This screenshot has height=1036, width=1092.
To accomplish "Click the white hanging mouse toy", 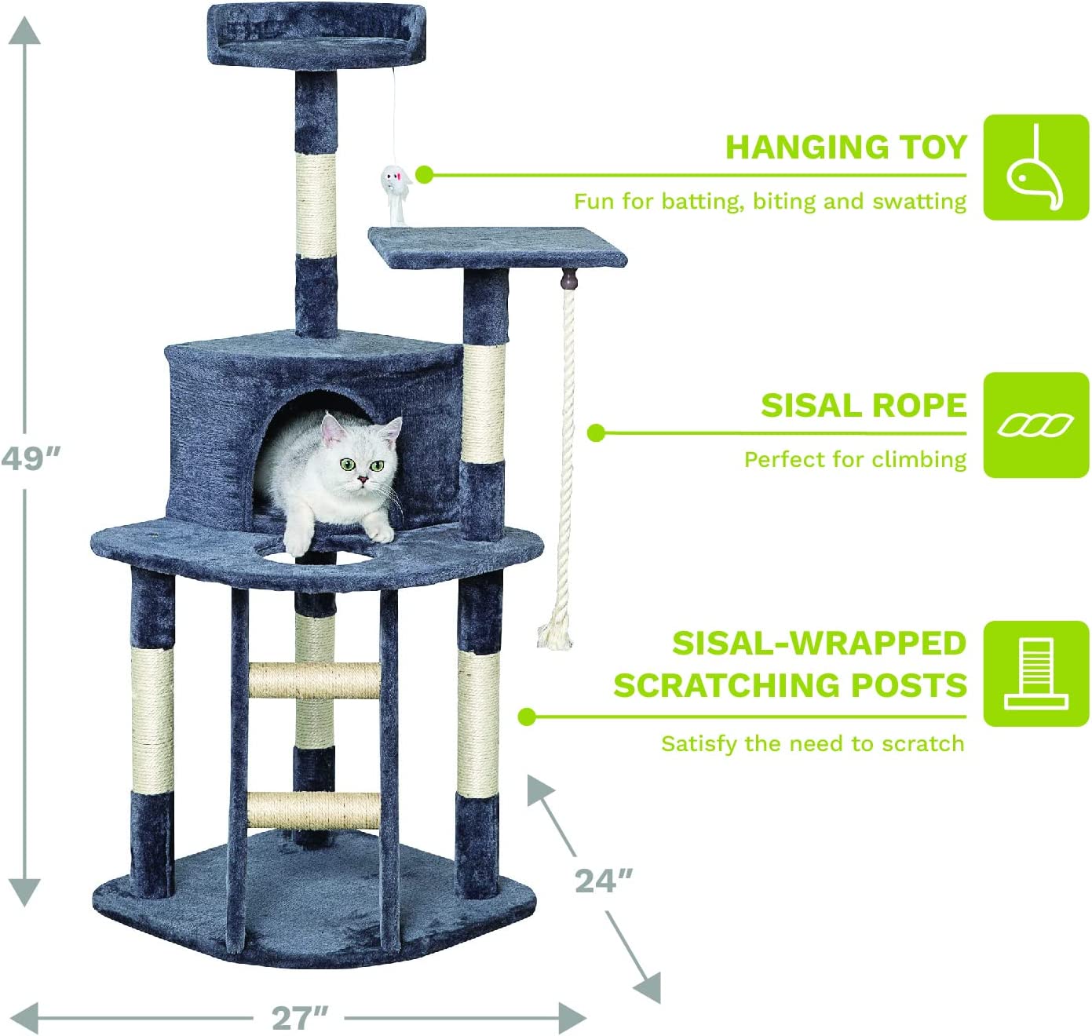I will pos(395,184).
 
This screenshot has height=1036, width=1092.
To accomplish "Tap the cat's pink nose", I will pos(362,478).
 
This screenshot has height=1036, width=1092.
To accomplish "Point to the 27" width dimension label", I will pos(299,1018).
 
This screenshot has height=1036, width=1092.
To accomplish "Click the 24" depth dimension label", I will pos(603,881).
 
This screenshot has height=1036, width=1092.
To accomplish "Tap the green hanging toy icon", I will pos(1035,167).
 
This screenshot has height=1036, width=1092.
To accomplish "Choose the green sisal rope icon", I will pos(1035,425).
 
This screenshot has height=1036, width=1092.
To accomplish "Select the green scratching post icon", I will pos(1035,673).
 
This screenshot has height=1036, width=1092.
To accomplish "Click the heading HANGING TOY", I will pos(845,148).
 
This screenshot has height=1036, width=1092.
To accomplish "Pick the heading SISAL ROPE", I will pos(863,406).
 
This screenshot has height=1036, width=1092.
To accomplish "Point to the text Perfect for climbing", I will pos(855,459).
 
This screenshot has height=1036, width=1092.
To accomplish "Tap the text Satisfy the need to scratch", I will pos(813,743).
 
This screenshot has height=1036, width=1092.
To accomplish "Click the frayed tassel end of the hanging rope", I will pos(555,633).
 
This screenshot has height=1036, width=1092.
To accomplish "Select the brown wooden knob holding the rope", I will pos(569,278).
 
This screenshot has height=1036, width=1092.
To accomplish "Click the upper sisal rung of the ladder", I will pos(314,680).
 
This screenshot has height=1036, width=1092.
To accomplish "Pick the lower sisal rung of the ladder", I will pos(314,810).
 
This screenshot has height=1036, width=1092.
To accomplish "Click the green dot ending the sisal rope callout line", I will pos(596,432).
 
